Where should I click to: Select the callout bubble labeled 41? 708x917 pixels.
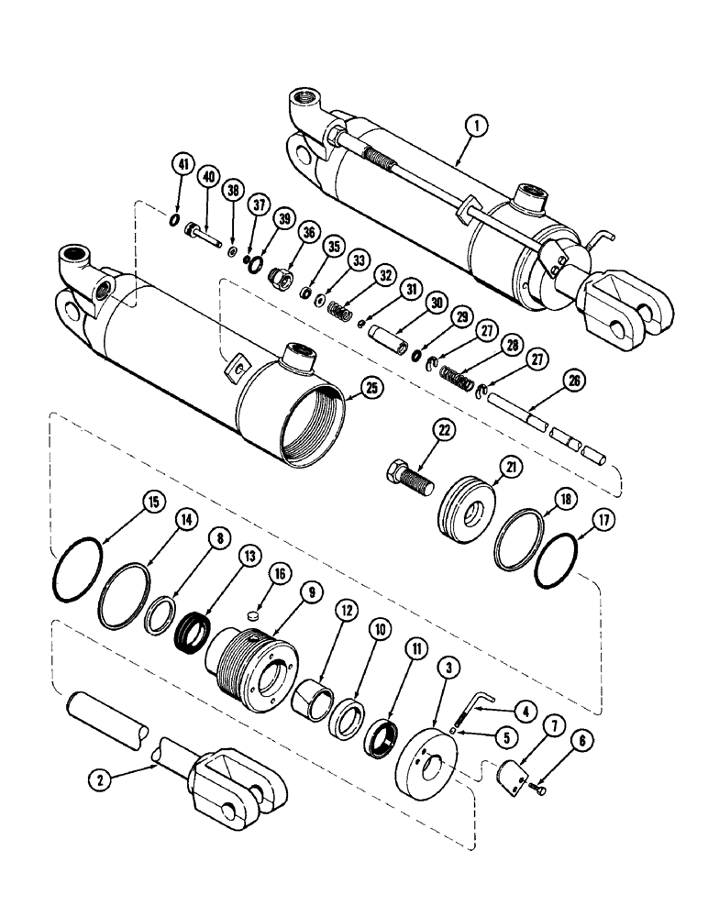[183, 166]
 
